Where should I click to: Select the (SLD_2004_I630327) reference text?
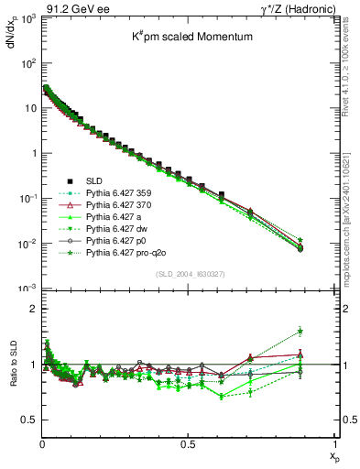187,275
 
